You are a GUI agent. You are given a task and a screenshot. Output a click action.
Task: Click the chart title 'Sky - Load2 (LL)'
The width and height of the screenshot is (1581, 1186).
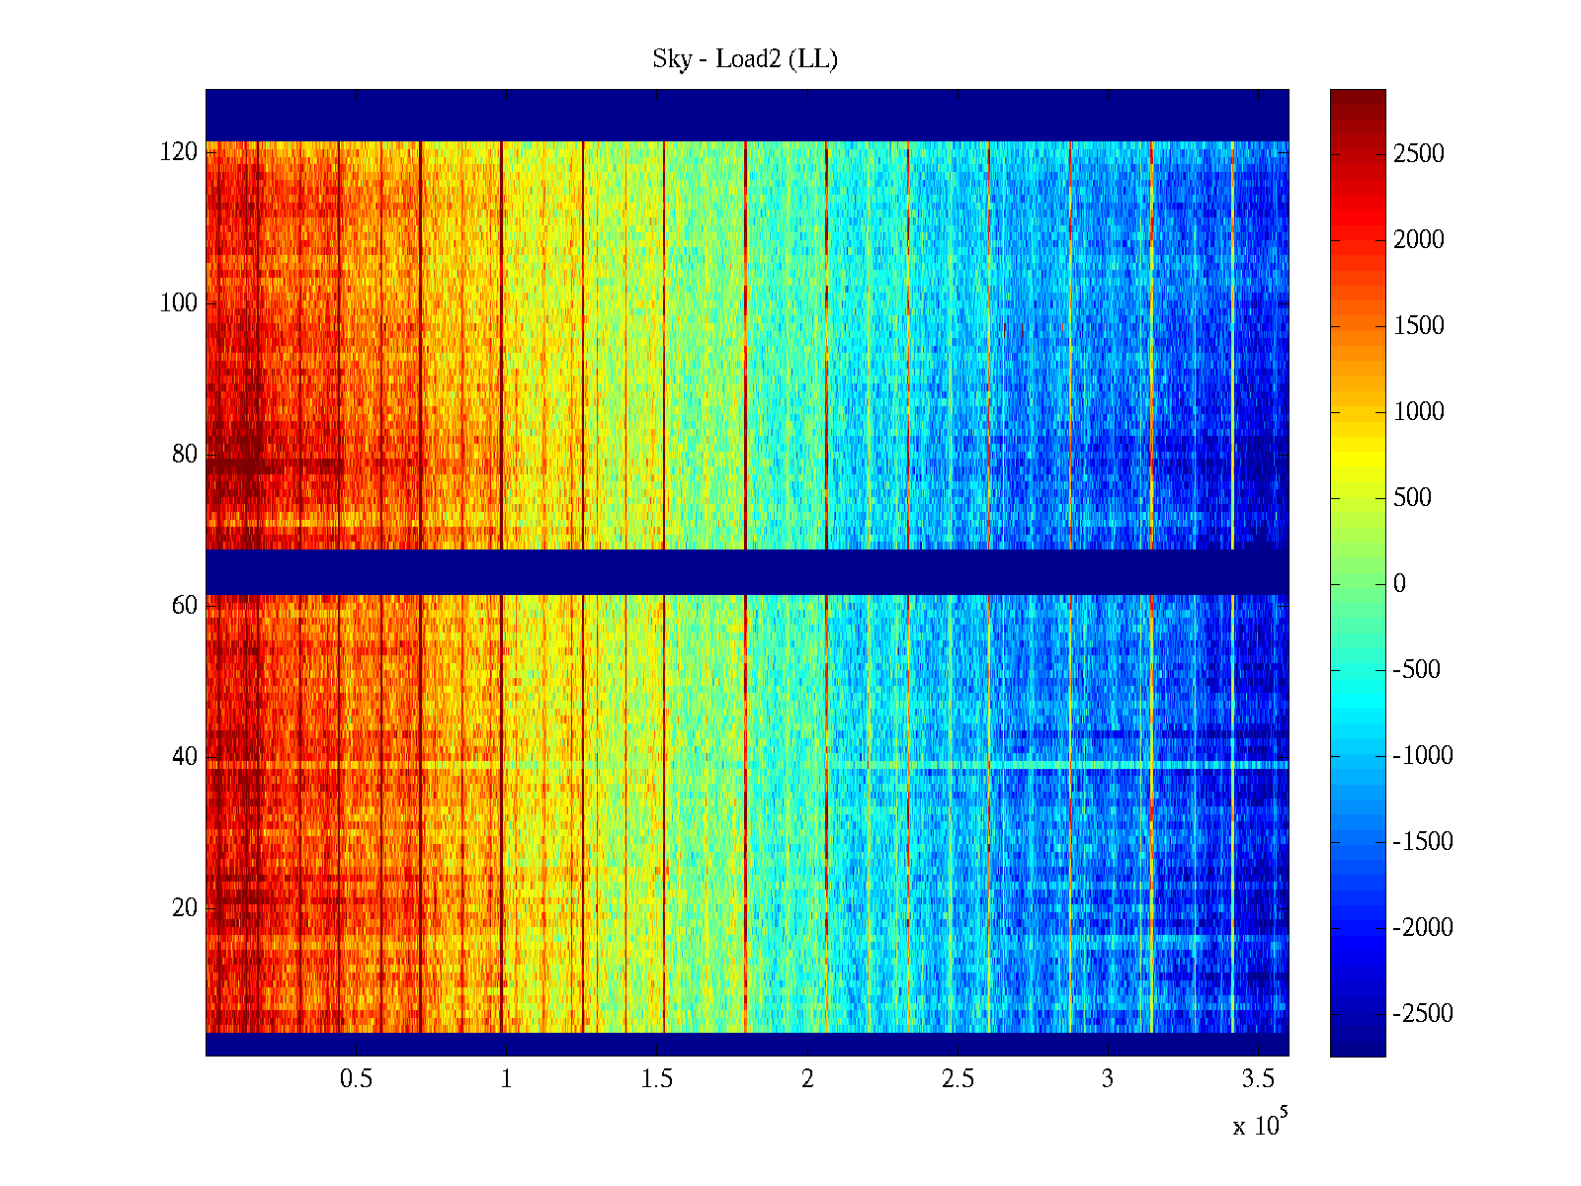745,59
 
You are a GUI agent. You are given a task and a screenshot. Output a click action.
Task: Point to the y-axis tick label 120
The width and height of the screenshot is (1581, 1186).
179,152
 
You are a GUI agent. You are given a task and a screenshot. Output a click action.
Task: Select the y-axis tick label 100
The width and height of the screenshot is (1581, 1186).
179,303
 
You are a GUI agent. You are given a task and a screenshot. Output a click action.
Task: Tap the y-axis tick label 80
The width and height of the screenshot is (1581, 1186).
185,455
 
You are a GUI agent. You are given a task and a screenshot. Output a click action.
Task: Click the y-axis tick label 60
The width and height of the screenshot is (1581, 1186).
185,606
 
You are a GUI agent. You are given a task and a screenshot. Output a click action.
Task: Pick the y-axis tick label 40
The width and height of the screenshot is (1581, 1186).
185,757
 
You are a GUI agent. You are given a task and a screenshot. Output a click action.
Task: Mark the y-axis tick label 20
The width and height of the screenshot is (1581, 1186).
185,908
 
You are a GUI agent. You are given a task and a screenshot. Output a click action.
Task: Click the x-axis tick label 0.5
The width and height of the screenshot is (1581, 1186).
356,1079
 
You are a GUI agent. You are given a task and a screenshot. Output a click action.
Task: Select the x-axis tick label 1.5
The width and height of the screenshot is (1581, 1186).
656,1079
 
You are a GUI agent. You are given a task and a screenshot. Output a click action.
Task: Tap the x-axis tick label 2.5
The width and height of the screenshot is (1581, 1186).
957,1079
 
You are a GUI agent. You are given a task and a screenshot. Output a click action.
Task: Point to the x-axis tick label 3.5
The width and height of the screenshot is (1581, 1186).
1258,1079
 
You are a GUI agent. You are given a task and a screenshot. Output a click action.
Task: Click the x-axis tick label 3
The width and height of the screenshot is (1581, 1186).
1108,1079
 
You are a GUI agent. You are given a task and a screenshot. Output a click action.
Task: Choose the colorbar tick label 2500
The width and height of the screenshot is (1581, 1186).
1419,154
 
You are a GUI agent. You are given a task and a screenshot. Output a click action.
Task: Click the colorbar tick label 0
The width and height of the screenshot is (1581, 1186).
1399,584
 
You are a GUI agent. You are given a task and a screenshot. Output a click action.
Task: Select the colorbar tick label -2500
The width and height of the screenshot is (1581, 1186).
1423,1014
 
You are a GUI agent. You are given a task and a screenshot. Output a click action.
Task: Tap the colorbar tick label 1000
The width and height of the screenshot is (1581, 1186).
1419,412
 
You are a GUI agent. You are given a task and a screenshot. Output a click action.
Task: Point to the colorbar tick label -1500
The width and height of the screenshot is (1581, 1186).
1423,842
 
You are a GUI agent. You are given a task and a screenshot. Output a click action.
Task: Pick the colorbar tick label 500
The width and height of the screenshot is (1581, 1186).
1413,498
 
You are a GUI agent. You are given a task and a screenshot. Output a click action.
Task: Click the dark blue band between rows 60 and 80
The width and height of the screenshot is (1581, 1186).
747,571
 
